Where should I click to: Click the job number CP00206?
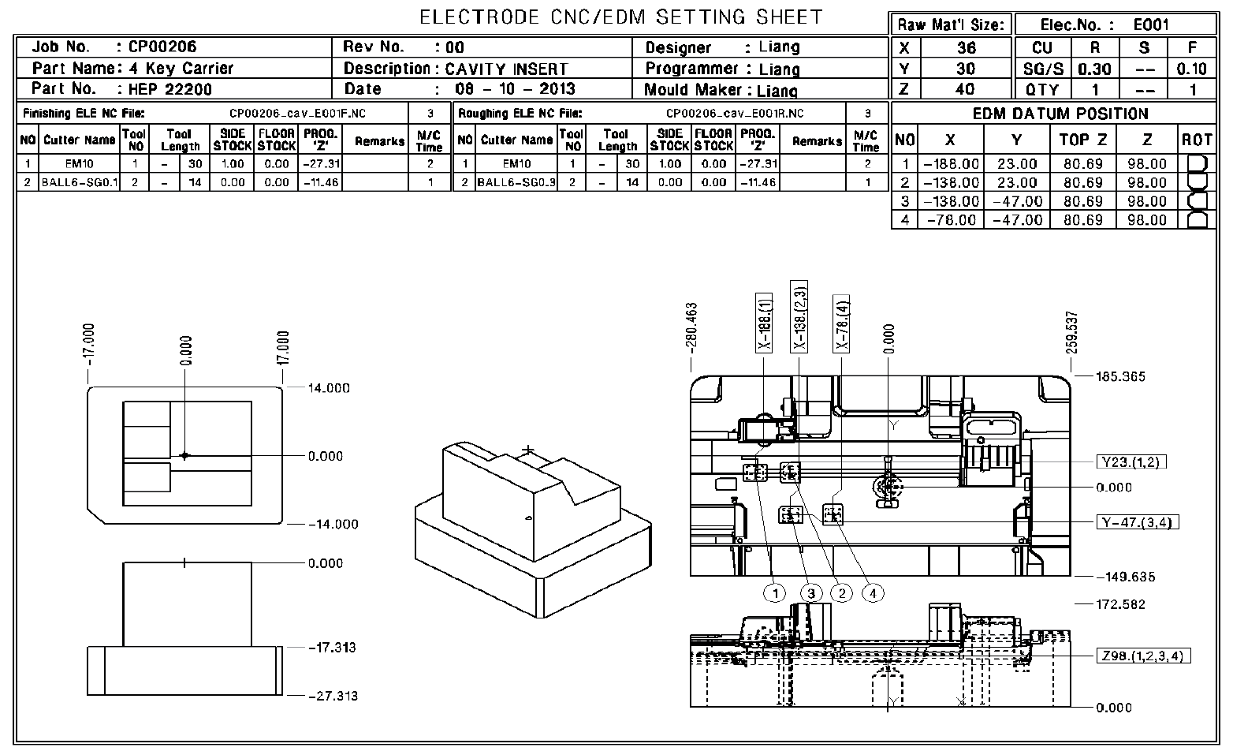tap(163, 47)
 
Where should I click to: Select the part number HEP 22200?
tap(170, 89)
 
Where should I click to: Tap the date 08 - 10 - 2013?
tap(516, 89)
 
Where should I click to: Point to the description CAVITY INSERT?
tap(506, 69)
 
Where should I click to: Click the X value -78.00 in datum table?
tap(952, 220)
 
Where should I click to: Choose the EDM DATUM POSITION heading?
tap(1060, 114)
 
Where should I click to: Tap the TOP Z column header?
tap(1083, 140)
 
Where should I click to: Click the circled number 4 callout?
tap(873, 592)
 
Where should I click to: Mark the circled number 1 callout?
tap(777, 592)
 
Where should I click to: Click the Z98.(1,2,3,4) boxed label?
tap(1144, 656)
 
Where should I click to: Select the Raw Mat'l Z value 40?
tap(964, 89)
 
